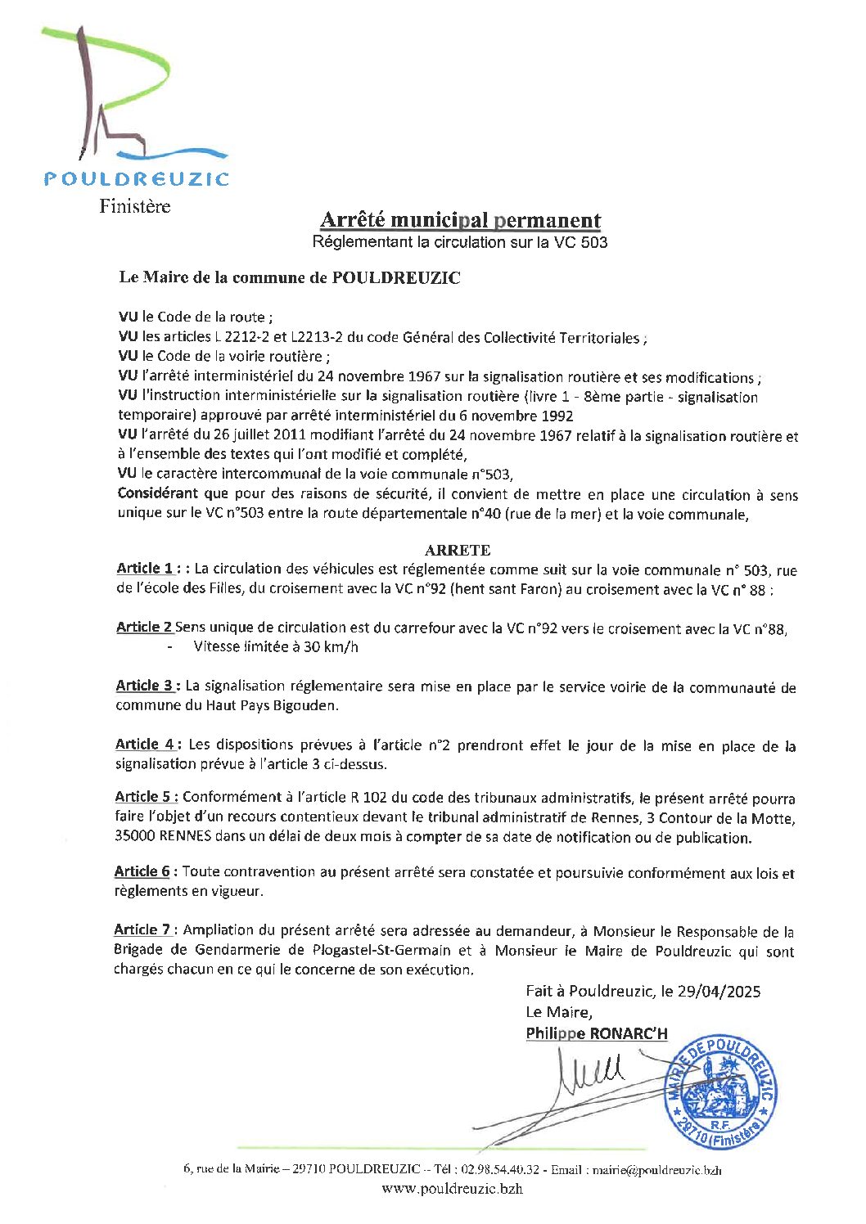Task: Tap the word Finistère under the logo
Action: click(135, 206)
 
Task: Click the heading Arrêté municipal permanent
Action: click(460, 220)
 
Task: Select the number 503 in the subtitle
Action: click(594, 242)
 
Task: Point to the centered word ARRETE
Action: click(458, 550)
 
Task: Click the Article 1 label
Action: click(145, 569)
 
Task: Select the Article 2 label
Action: click(144, 628)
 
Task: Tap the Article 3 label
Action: click(144, 686)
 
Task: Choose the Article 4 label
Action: click(144, 745)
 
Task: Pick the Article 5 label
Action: click(144, 797)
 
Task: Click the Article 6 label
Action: click(142, 872)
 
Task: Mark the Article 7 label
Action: click(142, 930)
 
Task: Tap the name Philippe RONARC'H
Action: click(597, 1034)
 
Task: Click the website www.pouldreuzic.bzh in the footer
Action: click(452, 1189)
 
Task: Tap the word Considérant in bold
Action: click(158, 494)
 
